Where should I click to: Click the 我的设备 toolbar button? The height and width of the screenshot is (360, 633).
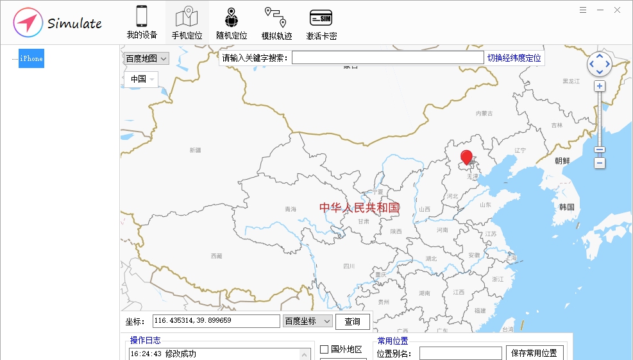pos(142,23)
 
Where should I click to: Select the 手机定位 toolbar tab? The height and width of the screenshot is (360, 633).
pos(187,23)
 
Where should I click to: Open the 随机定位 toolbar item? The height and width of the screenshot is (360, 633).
pos(232,23)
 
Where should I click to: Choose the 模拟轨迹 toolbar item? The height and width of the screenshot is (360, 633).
pos(276,23)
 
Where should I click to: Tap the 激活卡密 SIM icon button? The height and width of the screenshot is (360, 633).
pos(321,23)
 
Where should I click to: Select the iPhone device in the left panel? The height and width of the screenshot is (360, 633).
pos(31,58)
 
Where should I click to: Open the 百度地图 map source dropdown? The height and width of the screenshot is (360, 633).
pos(146,58)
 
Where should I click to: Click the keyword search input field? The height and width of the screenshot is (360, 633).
pos(387,58)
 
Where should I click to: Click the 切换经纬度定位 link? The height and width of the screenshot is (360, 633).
pos(514,58)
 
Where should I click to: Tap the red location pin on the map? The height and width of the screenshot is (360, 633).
pos(467,157)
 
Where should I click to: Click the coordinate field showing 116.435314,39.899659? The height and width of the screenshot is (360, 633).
pos(216,321)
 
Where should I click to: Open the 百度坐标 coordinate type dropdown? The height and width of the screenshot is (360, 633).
pos(307,321)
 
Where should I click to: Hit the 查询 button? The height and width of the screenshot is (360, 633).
pos(352,321)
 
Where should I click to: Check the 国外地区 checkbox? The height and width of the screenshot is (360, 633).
pos(325,350)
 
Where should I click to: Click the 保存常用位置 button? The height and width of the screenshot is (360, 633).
pos(535,353)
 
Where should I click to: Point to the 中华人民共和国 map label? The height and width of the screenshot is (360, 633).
pos(359,207)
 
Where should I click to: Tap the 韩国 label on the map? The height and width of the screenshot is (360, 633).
pos(566,207)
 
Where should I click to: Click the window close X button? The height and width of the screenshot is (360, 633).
pos(617,10)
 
